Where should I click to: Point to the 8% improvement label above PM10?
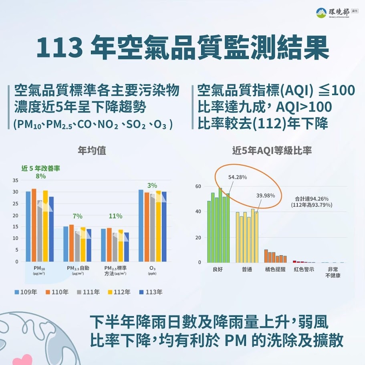click(x=40, y=176)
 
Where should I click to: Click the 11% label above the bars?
click(x=115, y=216)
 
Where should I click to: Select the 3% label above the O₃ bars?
click(x=152, y=186)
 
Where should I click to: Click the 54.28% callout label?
click(x=238, y=177)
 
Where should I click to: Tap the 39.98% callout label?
click(x=266, y=196)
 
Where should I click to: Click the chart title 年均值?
click(x=92, y=151)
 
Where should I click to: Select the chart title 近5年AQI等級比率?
click(x=272, y=151)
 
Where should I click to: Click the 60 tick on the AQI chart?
click(x=198, y=186)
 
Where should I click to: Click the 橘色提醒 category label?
click(x=275, y=270)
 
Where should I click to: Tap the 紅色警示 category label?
click(x=304, y=270)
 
